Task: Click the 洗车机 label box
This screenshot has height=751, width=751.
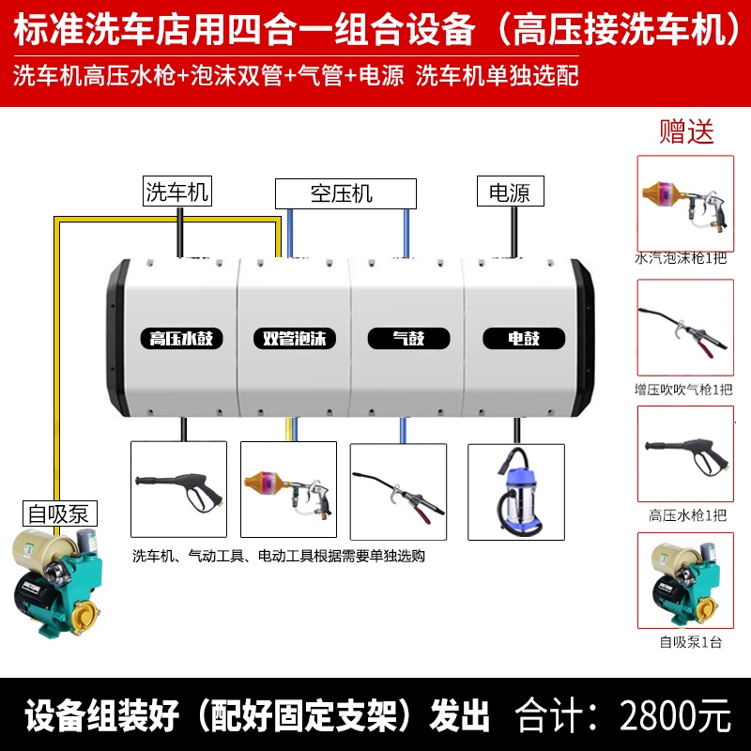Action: coord(176,192)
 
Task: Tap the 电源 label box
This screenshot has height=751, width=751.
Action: coord(510,192)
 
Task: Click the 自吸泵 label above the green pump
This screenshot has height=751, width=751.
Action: coord(60,513)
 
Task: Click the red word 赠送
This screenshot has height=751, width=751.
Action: coord(686,131)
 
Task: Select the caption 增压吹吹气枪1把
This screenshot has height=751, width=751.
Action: coord(684,389)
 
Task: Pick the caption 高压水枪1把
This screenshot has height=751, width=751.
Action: coord(687,515)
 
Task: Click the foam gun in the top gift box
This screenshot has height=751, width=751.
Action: coord(684,200)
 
